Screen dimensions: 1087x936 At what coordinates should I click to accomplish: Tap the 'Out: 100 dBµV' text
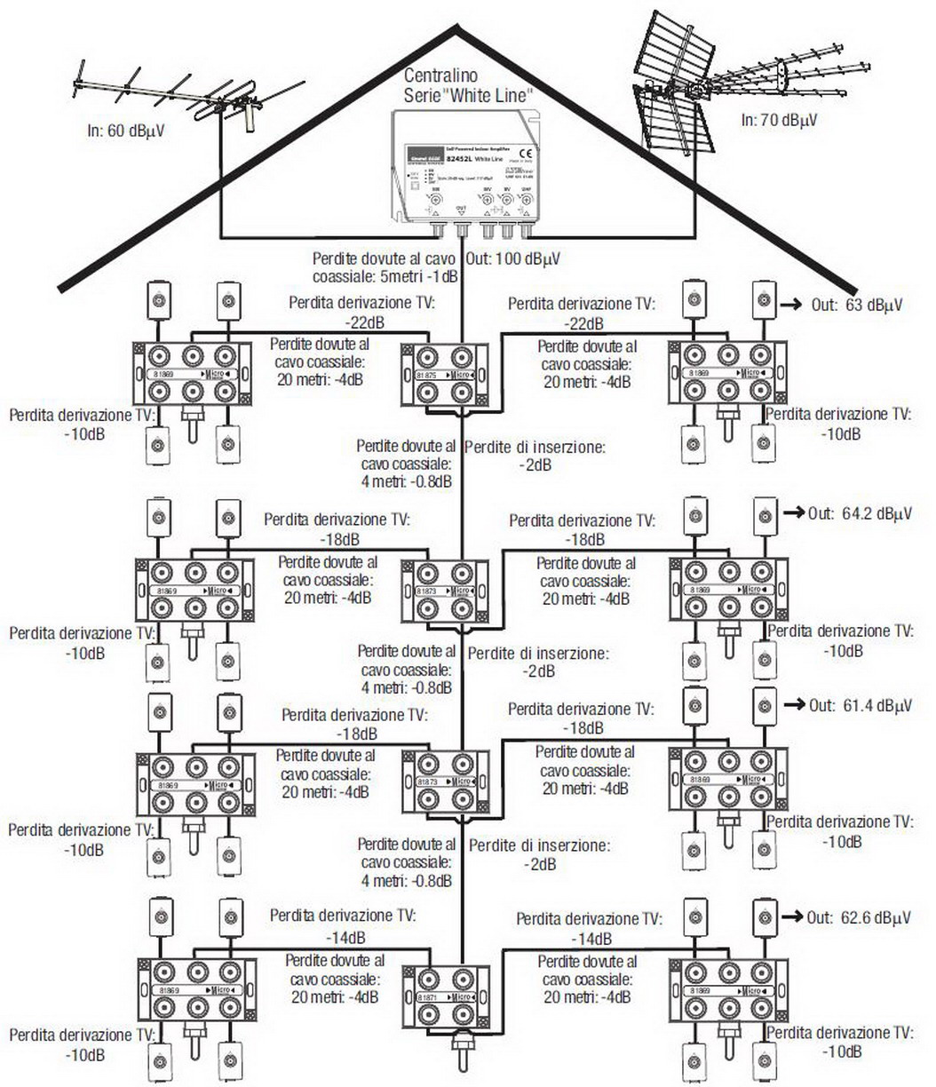pyautogui.click(x=512, y=258)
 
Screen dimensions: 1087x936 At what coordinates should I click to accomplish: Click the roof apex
pyautogui.click(x=461, y=28)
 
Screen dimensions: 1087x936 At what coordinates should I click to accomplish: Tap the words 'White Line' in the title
pyautogui.click(x=489, y=95)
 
